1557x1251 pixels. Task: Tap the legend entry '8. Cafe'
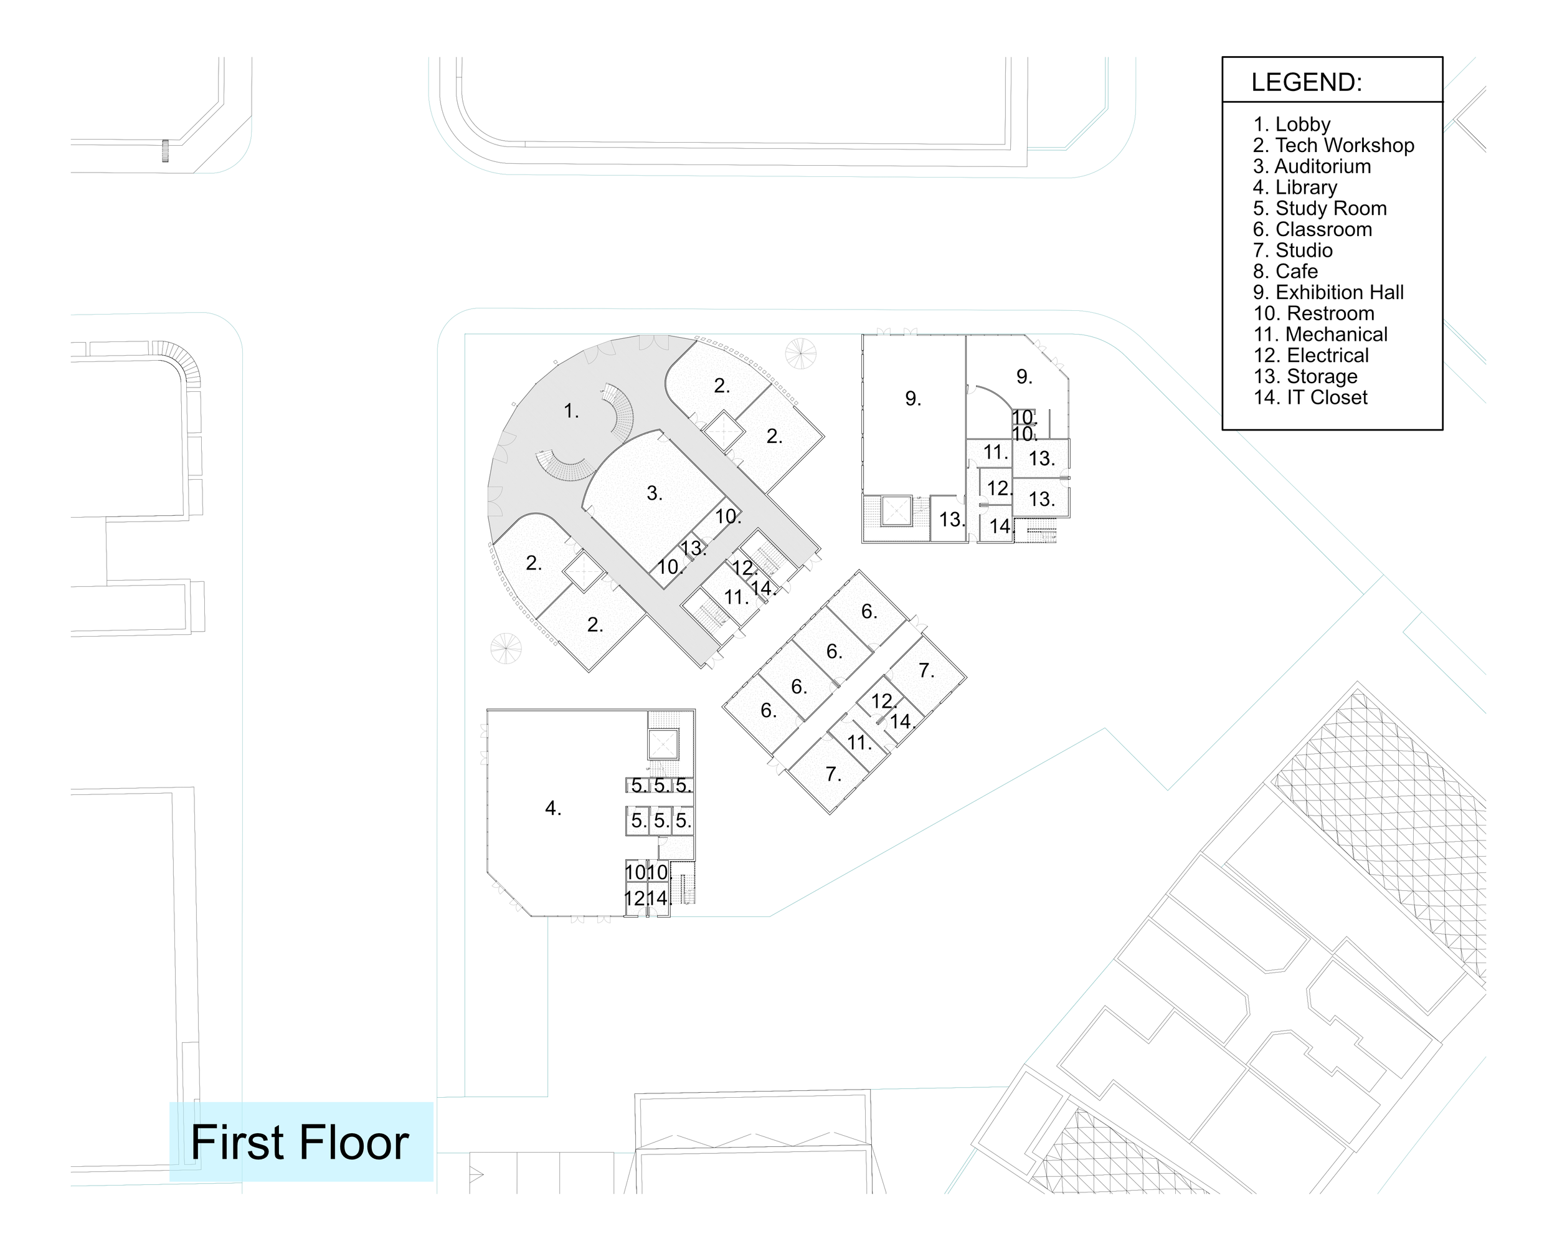1285,272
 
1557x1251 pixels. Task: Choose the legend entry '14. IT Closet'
1310,397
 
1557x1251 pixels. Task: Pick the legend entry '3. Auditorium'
1312,166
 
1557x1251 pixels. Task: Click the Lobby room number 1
570,411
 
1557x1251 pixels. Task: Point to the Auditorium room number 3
653,493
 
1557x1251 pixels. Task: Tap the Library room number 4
552,808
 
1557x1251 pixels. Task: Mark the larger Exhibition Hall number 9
912,399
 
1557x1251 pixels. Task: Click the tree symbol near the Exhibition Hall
800,353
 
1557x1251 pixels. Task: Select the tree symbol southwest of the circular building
506,648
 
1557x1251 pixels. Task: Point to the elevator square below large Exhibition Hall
894,512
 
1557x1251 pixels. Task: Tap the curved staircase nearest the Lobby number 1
620,411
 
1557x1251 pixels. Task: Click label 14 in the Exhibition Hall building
1000,526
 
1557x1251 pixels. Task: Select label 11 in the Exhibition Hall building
995,453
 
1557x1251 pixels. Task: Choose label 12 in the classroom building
883,701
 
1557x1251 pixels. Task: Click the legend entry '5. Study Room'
1320,208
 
